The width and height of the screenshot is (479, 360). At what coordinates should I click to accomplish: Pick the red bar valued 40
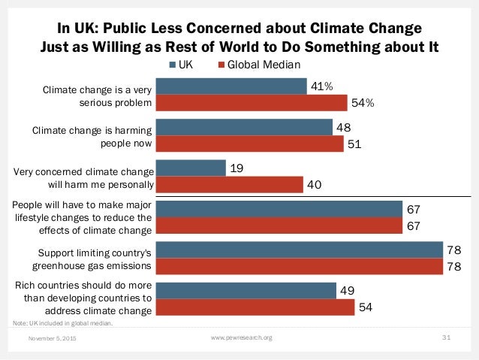(230, 183)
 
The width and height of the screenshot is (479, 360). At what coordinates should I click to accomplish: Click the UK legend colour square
(172, 65)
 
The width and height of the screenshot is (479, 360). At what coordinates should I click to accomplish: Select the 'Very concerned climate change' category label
(84, 175)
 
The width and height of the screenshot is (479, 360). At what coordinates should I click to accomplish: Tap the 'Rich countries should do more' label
(84, 297)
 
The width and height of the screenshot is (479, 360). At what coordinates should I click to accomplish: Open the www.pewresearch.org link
(239, 338)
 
